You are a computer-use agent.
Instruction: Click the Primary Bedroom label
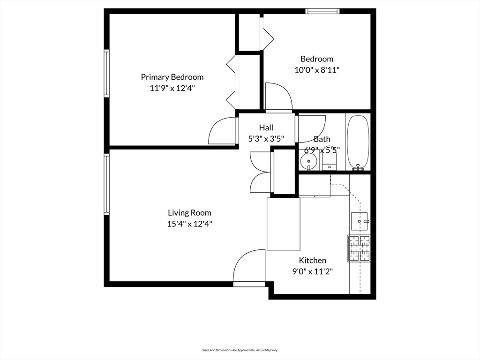point(172,77)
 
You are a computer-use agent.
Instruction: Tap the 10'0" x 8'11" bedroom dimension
point(317,70)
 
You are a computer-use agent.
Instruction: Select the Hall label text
point(266,127)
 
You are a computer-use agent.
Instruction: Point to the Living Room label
point(189,213)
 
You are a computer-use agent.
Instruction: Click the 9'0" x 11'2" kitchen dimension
point(313,271)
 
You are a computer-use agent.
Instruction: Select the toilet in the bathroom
point(329,161)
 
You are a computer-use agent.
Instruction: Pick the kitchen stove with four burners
point(359,248)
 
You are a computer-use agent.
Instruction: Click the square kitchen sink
point(359,221)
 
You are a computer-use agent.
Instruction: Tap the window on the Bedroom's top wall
point(322,11)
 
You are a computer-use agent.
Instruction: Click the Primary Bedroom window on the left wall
point(106,74)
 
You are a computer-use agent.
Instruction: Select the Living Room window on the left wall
point(106,184)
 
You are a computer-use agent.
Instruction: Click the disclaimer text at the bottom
point(240,350)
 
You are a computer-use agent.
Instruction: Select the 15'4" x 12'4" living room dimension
point(189,224)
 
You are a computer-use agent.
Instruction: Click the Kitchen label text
point(313,260)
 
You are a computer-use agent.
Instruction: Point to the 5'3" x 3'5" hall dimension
point(266,139)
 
